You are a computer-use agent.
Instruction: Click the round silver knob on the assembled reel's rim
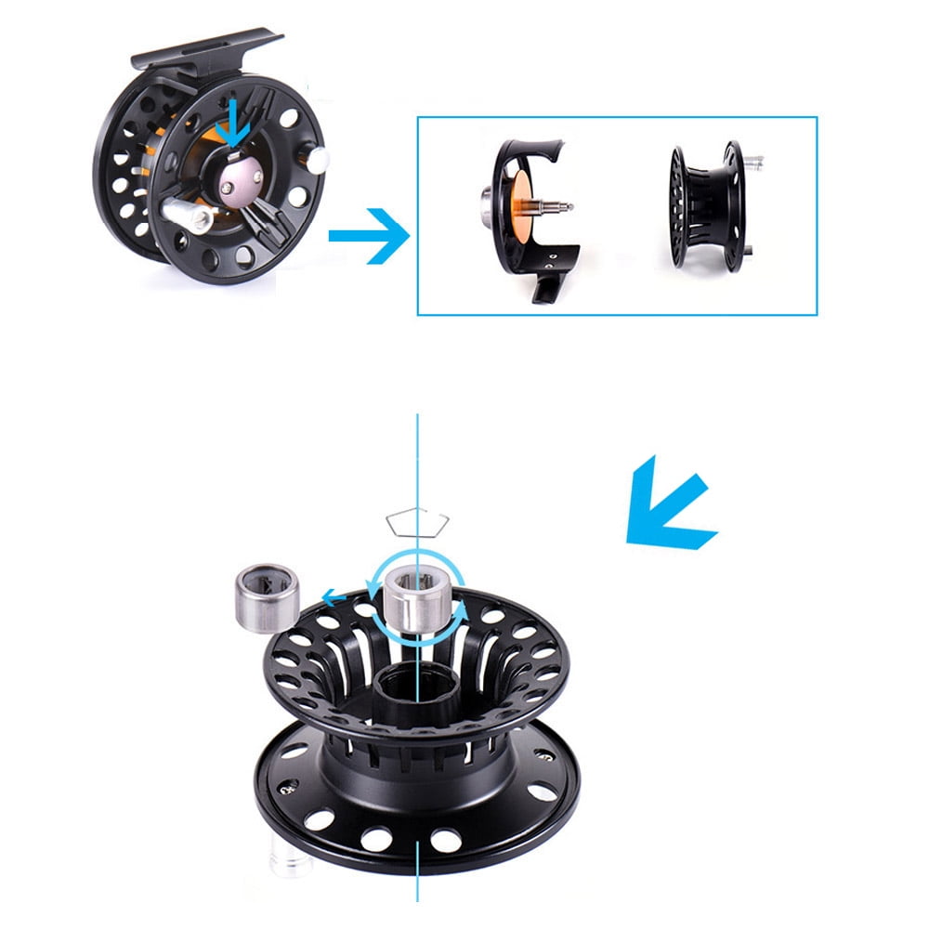coord(317,162)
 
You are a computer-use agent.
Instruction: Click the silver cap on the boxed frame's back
coord(486,202)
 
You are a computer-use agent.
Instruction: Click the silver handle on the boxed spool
coord(756,164)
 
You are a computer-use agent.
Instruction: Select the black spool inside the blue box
coord(707,206)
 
